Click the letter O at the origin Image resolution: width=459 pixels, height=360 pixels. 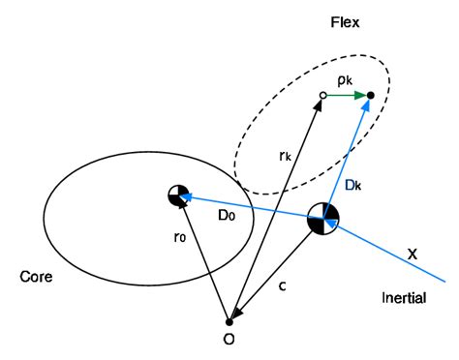[x=229, y=340]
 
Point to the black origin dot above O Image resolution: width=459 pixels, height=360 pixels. [x=229, y=321]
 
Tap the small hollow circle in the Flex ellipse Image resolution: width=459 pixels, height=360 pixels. [x=322, y=95]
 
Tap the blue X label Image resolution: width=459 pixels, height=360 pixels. [x=413, y=253]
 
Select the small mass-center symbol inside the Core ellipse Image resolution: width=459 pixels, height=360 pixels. [x=177, y=195]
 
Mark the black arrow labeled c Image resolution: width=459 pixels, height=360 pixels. [x=276, y=270]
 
